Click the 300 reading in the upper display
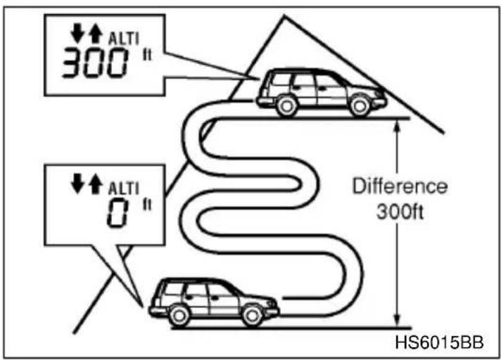[x=95, y=63]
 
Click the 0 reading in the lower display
[x=118, y=212]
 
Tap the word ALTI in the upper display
[x=124, y=39]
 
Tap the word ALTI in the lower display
[x=124, y=188]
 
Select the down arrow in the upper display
[x=77, y=34]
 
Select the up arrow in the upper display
[x=96, y=34]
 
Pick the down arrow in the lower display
[x=77, y=184]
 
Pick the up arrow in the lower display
[x=96, y=184]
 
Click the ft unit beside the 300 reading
[x=147, y=55]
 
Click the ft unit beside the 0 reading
[x=147, y=205]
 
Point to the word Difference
[x=400, y=186]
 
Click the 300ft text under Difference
[x=400, y=211]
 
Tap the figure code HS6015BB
[x=439, y=342]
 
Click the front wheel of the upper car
[x=360, y=106]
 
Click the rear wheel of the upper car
[x=286, y=107]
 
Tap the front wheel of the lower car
[x=253, y=316]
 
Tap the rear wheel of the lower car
[x=179, y=316]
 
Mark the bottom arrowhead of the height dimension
[x=397, y=322]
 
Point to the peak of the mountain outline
[x=284, y=16]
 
